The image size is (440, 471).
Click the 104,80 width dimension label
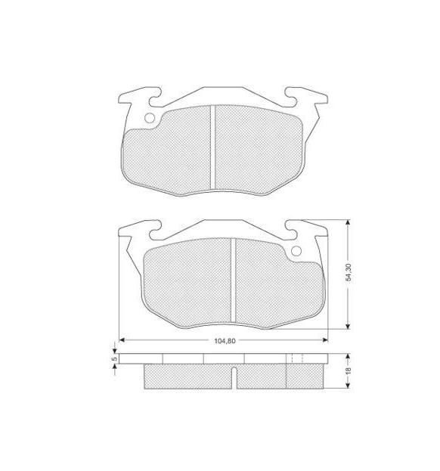click(x=225, y=341)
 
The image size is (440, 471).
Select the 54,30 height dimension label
click(x=348, y=272)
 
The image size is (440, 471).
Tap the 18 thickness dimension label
click(x=348, y=370)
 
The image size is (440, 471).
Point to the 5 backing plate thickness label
click(x=114, y=358)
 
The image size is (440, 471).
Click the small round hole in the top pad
click(x=149, y=118)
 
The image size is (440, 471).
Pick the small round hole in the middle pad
click(x=296, y=251)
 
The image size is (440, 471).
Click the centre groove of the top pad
click(x=213, y=147)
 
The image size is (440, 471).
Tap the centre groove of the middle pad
click(x=234, y=280)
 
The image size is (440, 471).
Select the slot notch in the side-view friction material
click(x=234, y=377)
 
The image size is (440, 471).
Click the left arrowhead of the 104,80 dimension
click(x=122, y=340)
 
